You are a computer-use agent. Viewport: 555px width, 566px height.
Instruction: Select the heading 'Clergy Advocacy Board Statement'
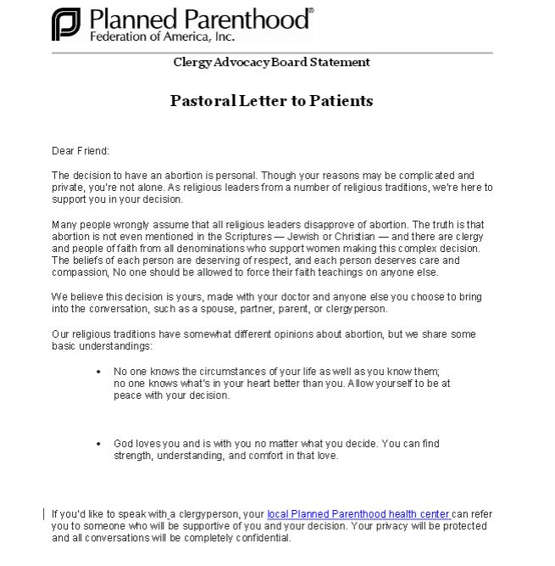[271, 62]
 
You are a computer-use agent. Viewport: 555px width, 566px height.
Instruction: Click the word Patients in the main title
[341, 101]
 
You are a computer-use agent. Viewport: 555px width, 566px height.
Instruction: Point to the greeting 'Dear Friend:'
[80, 151]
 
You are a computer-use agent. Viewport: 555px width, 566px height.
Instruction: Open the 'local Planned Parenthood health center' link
[358, 514]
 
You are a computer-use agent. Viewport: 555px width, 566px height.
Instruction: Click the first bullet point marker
[100, 372]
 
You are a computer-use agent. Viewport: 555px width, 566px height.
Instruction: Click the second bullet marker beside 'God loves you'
[100, 444]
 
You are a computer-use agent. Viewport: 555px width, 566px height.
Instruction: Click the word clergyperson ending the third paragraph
[357, 309]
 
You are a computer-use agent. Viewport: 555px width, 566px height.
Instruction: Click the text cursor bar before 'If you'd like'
[44, 514]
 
